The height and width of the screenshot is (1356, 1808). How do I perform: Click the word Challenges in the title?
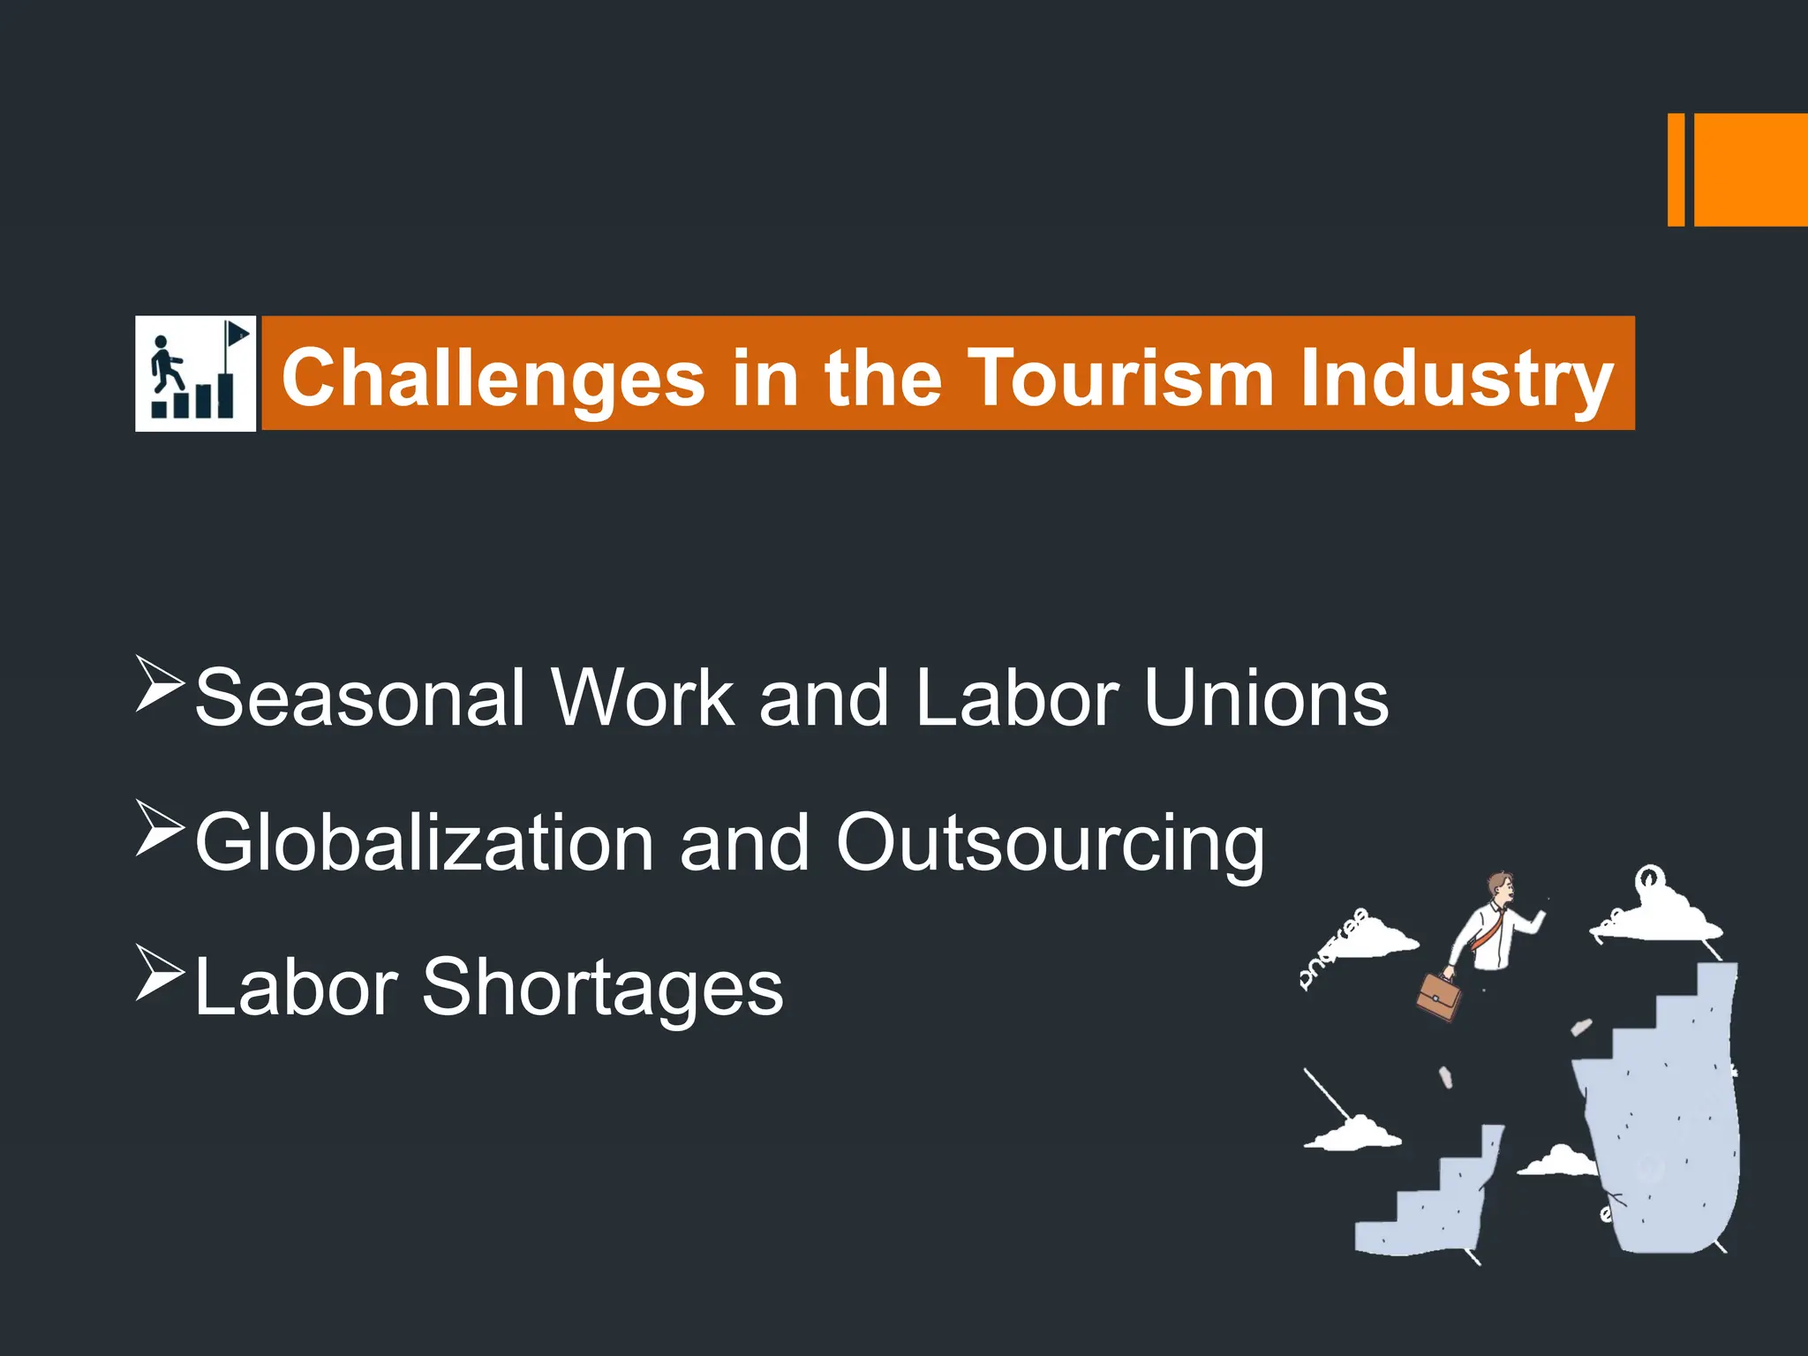(x=493, y=378)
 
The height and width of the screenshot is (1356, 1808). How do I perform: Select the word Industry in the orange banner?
(x=1457, y=378)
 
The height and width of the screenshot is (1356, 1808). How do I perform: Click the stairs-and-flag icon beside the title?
(x=195, y=373)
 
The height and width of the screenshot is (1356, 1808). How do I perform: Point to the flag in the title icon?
(x=237, y=335)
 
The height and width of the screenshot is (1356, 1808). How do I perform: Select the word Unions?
(x=1266, y=697)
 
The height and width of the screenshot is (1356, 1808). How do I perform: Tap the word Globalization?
(x=424, y=842)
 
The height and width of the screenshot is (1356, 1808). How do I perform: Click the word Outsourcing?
(x=1050, y=842)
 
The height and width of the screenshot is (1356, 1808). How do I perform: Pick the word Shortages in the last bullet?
(x=602, y=987)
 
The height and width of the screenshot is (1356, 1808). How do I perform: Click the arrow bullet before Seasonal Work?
(x=160, y=683)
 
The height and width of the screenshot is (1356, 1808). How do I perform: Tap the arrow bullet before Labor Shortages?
(x=160, y=972)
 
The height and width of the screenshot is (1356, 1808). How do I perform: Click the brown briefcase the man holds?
(x=1438, y=997)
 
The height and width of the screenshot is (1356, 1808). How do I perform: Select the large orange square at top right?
(x=1750, y=169)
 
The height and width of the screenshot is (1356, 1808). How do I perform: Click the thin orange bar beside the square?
(x=1676, y=169)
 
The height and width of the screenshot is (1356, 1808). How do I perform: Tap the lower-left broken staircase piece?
(x=1430, y=1201)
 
